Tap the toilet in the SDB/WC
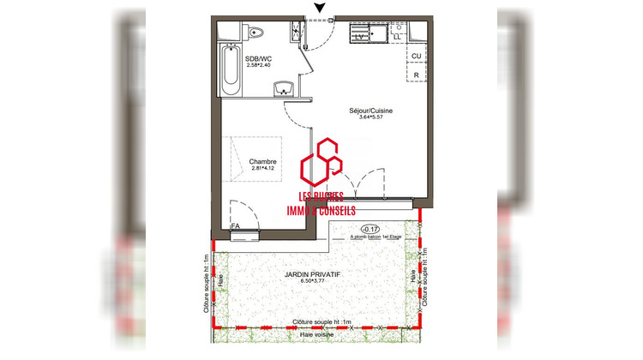pyautogui.click(x=255, y=34)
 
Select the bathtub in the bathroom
pyautogui.click(x=229, y=71)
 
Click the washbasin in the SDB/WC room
pyautogui.click(x=284, y=88)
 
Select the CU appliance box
pyautogui.click(x=416, y=56)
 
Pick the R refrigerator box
pyautogui.click(x=416, y=75)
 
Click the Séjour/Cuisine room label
pyautogui.click(x=370, y=111)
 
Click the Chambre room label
pyautogui.click(x=262, y=161)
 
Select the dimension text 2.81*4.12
pyautogui.click(x=262, y=169)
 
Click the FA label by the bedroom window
pyautogui.click(x=236, y=225)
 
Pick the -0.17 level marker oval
pyautogui.click(x=371, y=228)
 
